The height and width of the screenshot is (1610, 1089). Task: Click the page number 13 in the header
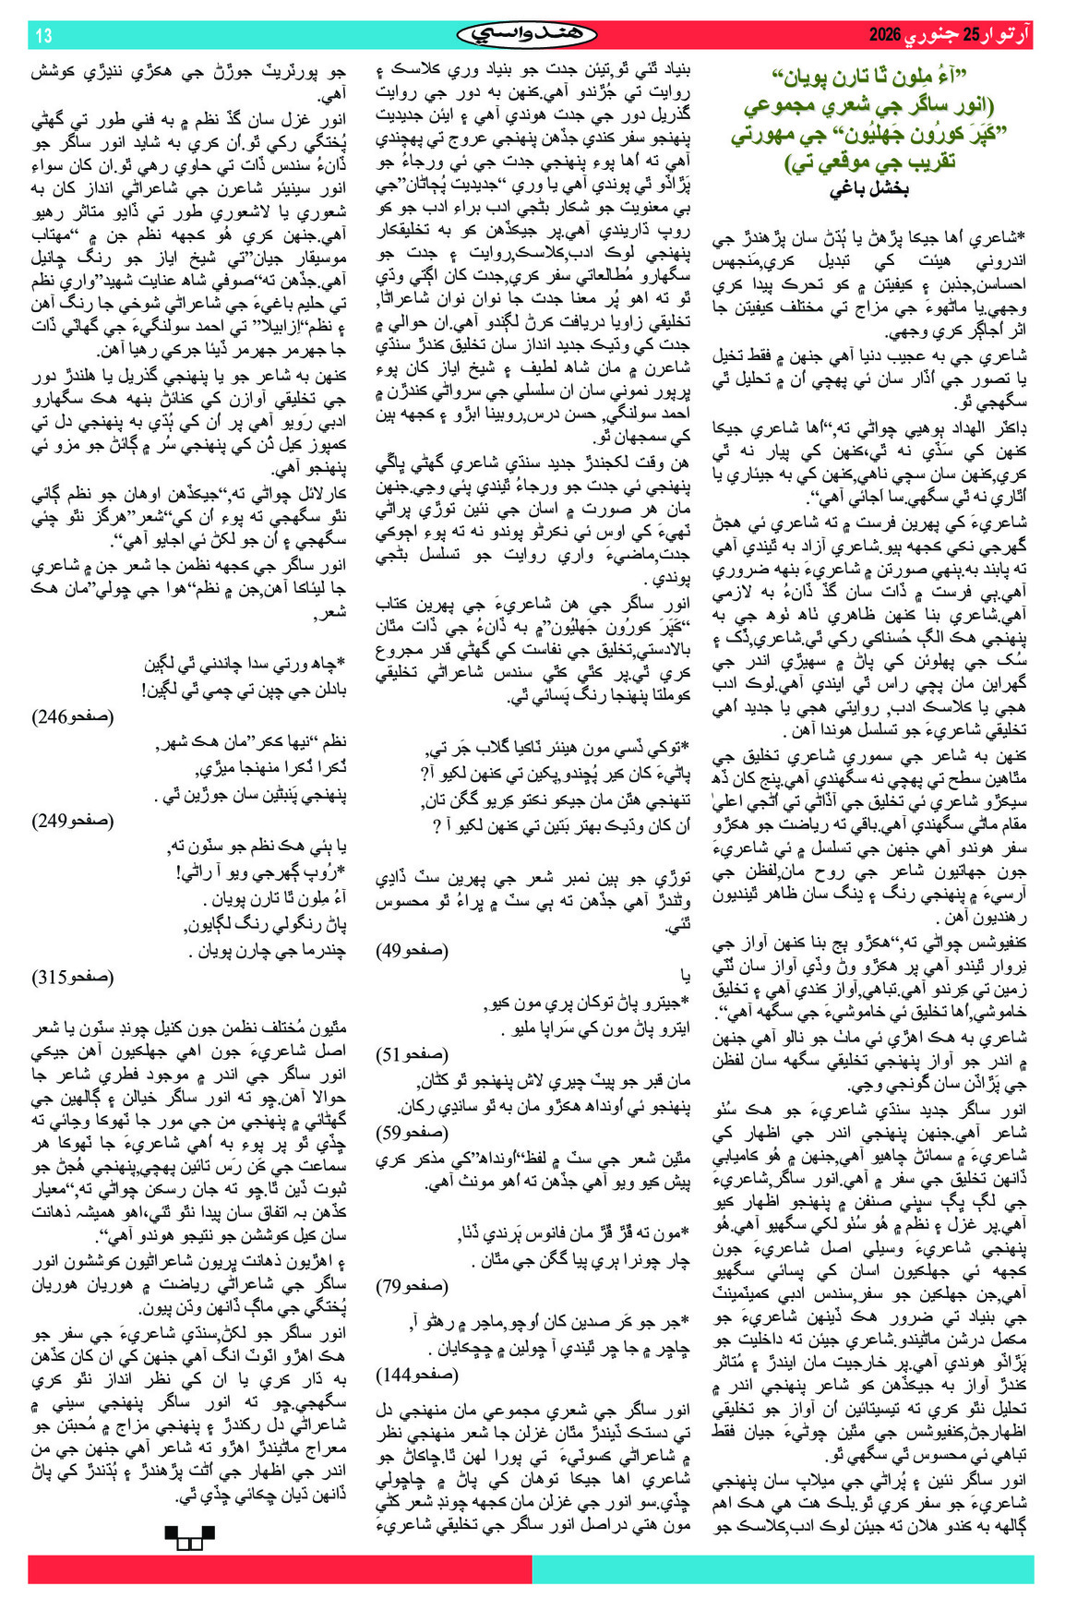pyautogui.click(x=43, y=36)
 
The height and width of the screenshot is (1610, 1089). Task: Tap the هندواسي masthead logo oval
pyautogui.click(x=527, y=35)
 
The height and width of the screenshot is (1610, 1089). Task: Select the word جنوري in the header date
pyautogui.click(x=932, y=36)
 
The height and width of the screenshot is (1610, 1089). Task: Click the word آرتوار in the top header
pyautogui.click(x=1010, y=36)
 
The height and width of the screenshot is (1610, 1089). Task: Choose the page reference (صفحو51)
pyautogui.click(x=413, y=1053)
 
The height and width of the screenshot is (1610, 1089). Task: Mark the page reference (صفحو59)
pyautogui.click(x=413, y=1132)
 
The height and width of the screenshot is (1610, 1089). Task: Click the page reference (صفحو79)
pyautogui.click(x=413, y=1285)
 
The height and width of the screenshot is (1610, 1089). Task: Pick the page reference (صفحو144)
pyautogui.click(x=416, y=1375)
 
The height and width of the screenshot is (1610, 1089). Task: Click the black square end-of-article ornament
pyautogui.click(x=188, y=1536)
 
